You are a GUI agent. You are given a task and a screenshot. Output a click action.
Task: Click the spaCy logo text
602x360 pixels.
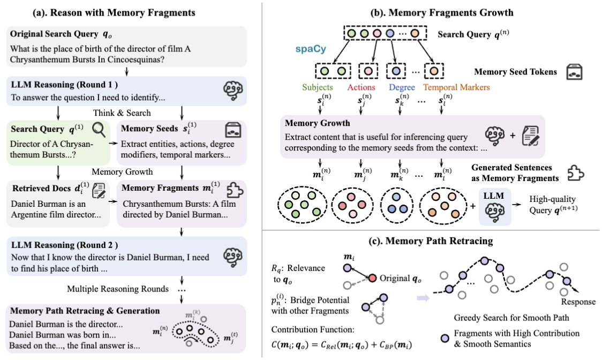(311, 49)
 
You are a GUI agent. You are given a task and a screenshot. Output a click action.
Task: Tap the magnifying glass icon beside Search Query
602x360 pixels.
(99, 130)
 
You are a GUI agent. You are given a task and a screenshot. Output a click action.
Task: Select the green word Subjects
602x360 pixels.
(317, 87)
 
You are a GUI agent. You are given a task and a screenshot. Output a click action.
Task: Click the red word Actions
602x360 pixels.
(361, 87)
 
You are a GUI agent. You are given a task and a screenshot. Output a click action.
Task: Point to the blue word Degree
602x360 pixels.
(402, 87)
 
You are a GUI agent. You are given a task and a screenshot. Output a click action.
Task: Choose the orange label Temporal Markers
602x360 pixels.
(456, 87)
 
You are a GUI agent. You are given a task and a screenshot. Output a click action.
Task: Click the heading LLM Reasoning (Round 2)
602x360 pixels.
(64, 245)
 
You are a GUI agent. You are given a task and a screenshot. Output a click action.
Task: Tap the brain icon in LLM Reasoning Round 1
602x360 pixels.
(232, 91)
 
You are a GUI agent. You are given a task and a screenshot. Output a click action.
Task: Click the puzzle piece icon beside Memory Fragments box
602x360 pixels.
(235, 189)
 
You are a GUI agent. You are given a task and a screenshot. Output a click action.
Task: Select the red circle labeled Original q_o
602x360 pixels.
(372, 278)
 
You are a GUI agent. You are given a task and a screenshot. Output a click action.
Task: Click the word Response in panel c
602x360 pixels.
(578, 302)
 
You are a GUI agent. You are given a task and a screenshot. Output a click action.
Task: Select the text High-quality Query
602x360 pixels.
(553, 205)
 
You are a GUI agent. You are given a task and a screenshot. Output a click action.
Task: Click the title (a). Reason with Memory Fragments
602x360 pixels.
(114, 13)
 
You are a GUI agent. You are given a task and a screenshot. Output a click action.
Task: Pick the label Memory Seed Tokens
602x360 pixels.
(515, 72)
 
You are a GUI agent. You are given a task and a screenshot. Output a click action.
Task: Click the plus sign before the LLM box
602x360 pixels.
(472, 206)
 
